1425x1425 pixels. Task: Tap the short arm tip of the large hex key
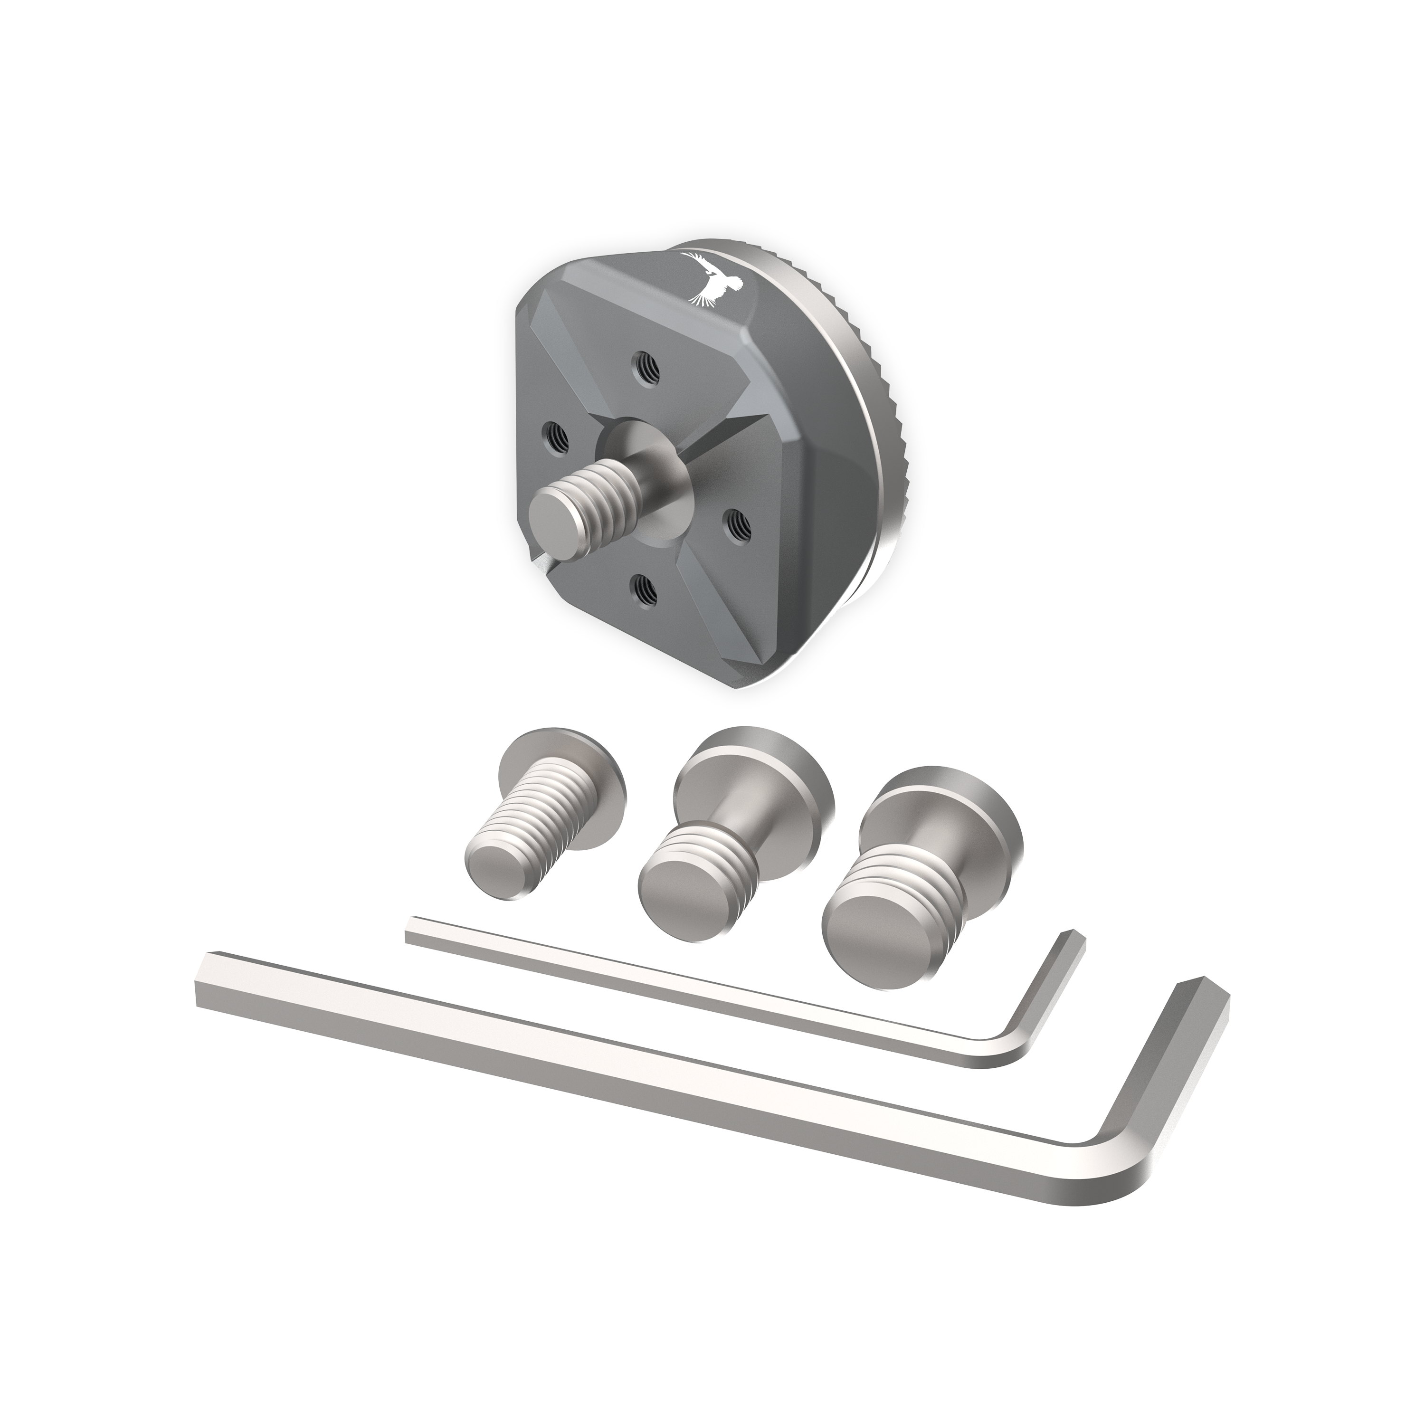coord(1202,992)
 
